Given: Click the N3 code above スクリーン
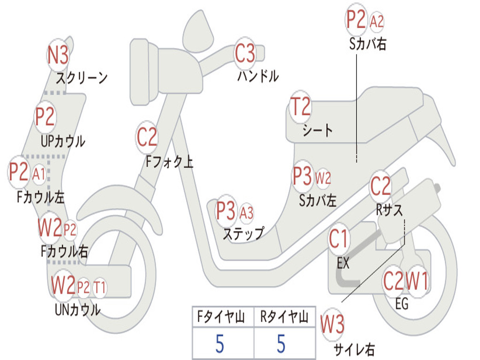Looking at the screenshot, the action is (x=58, y=55).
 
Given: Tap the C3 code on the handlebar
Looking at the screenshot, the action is (x=245, y=53).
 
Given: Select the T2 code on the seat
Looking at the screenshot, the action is (x=300, y=107).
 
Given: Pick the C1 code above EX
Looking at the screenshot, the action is (x=338, y=239).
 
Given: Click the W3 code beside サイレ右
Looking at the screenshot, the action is (x=332, y=324).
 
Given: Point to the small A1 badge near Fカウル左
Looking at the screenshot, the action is (x=39, y=174).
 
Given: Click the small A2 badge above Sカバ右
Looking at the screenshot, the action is (x=377, y=21).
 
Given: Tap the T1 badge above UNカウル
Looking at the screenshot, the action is (x=99, y=287).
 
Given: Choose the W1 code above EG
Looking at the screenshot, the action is (x=417, y=282).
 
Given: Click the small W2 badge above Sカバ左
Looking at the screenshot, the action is (x=323, y=178).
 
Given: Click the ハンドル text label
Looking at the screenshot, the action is (x=258, y=76).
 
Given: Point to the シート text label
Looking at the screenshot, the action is (x=317, y=130).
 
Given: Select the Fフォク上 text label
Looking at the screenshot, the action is (x=169, y=162).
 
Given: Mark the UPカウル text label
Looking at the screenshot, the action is (x=63, y=141).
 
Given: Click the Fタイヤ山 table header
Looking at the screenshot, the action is (x=222, y=318).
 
